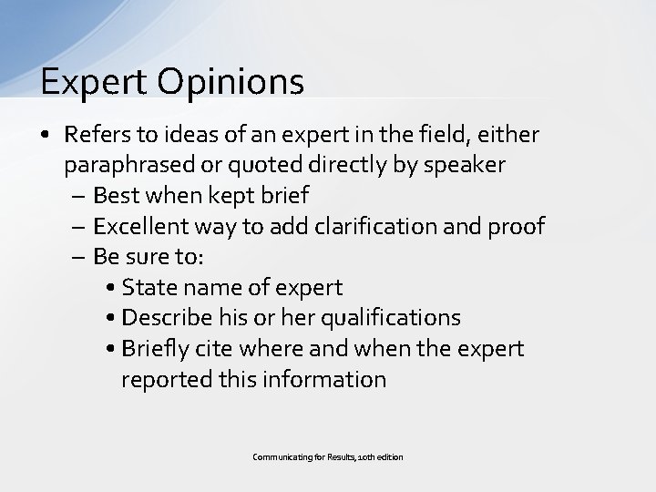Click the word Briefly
pos(156,349)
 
